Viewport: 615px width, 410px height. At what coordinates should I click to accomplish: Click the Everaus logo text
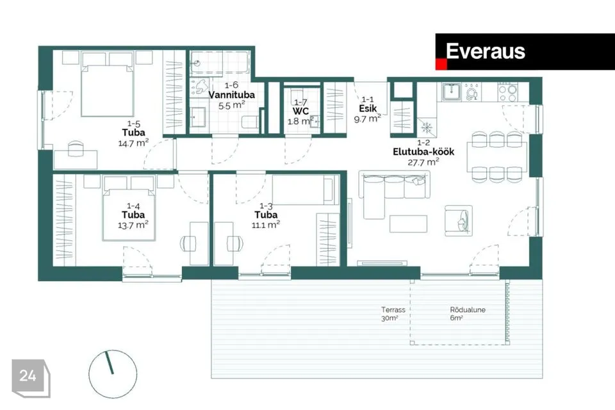click(486, 51)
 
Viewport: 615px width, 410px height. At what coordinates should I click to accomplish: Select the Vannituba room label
click(231, 95)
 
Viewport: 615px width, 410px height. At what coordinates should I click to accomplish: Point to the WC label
click(300, 111)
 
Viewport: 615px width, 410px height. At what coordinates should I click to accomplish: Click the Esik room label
click(368, 108)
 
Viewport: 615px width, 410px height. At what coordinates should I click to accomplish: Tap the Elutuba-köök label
click(423, 151)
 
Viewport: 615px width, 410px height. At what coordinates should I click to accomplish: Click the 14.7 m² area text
click(133, 143)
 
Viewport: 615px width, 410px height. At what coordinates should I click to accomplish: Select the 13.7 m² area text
click(133, 225)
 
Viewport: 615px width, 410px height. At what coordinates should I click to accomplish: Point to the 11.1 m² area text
click(265, 224)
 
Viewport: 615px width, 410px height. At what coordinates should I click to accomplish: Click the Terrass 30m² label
click(393, 314)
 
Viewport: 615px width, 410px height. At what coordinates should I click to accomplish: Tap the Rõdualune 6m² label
click(468, 314)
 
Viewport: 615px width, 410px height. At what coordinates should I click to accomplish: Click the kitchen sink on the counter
click(452, 92)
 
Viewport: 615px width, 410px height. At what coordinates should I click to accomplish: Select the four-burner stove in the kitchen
click(507, 92)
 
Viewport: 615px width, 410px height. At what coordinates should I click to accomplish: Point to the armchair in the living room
click(459, 221)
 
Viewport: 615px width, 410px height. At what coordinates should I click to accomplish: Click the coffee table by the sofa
click(408, 224)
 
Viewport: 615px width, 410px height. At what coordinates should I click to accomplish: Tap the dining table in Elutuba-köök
click(497, 157)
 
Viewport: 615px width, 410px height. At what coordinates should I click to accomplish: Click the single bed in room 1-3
click(306, 190)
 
